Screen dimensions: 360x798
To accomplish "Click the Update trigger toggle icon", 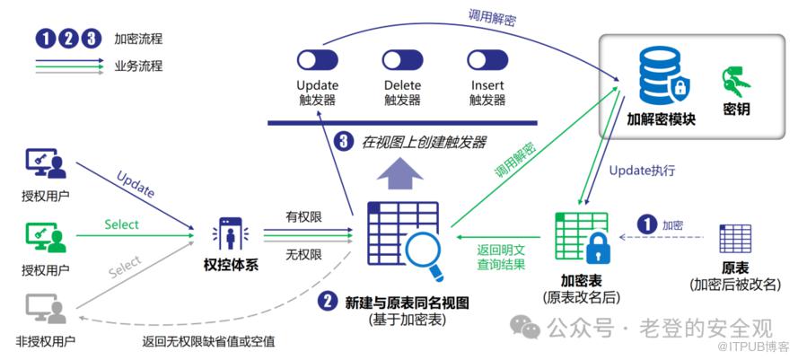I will [316, 60].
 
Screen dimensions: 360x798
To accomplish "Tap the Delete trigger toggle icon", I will [403, 60].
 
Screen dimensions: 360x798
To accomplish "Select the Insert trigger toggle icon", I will [487, 60].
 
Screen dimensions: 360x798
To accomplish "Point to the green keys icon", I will [736, 82].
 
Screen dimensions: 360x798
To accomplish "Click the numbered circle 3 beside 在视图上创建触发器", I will [344, 141].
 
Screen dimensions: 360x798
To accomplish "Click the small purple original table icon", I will [735, 239].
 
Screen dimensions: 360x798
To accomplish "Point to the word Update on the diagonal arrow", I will [135, 184].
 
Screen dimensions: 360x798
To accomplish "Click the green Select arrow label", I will [122, 224].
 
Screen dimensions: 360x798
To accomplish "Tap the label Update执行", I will [642, 171].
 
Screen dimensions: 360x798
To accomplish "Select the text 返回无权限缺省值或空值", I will [209, 341].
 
